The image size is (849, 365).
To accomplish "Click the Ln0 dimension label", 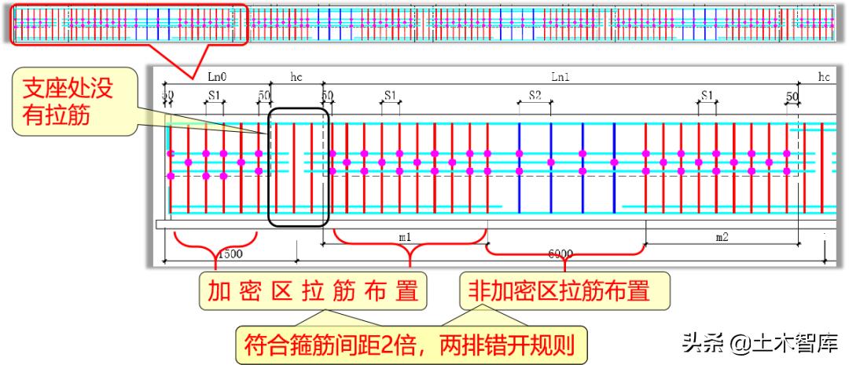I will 217,77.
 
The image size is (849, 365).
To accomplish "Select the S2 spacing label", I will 535,95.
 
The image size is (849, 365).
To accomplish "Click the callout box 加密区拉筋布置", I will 313,291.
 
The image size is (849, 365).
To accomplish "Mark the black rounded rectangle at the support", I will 298,167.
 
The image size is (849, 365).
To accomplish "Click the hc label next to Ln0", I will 296,77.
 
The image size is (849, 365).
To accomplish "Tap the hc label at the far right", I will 823,77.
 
